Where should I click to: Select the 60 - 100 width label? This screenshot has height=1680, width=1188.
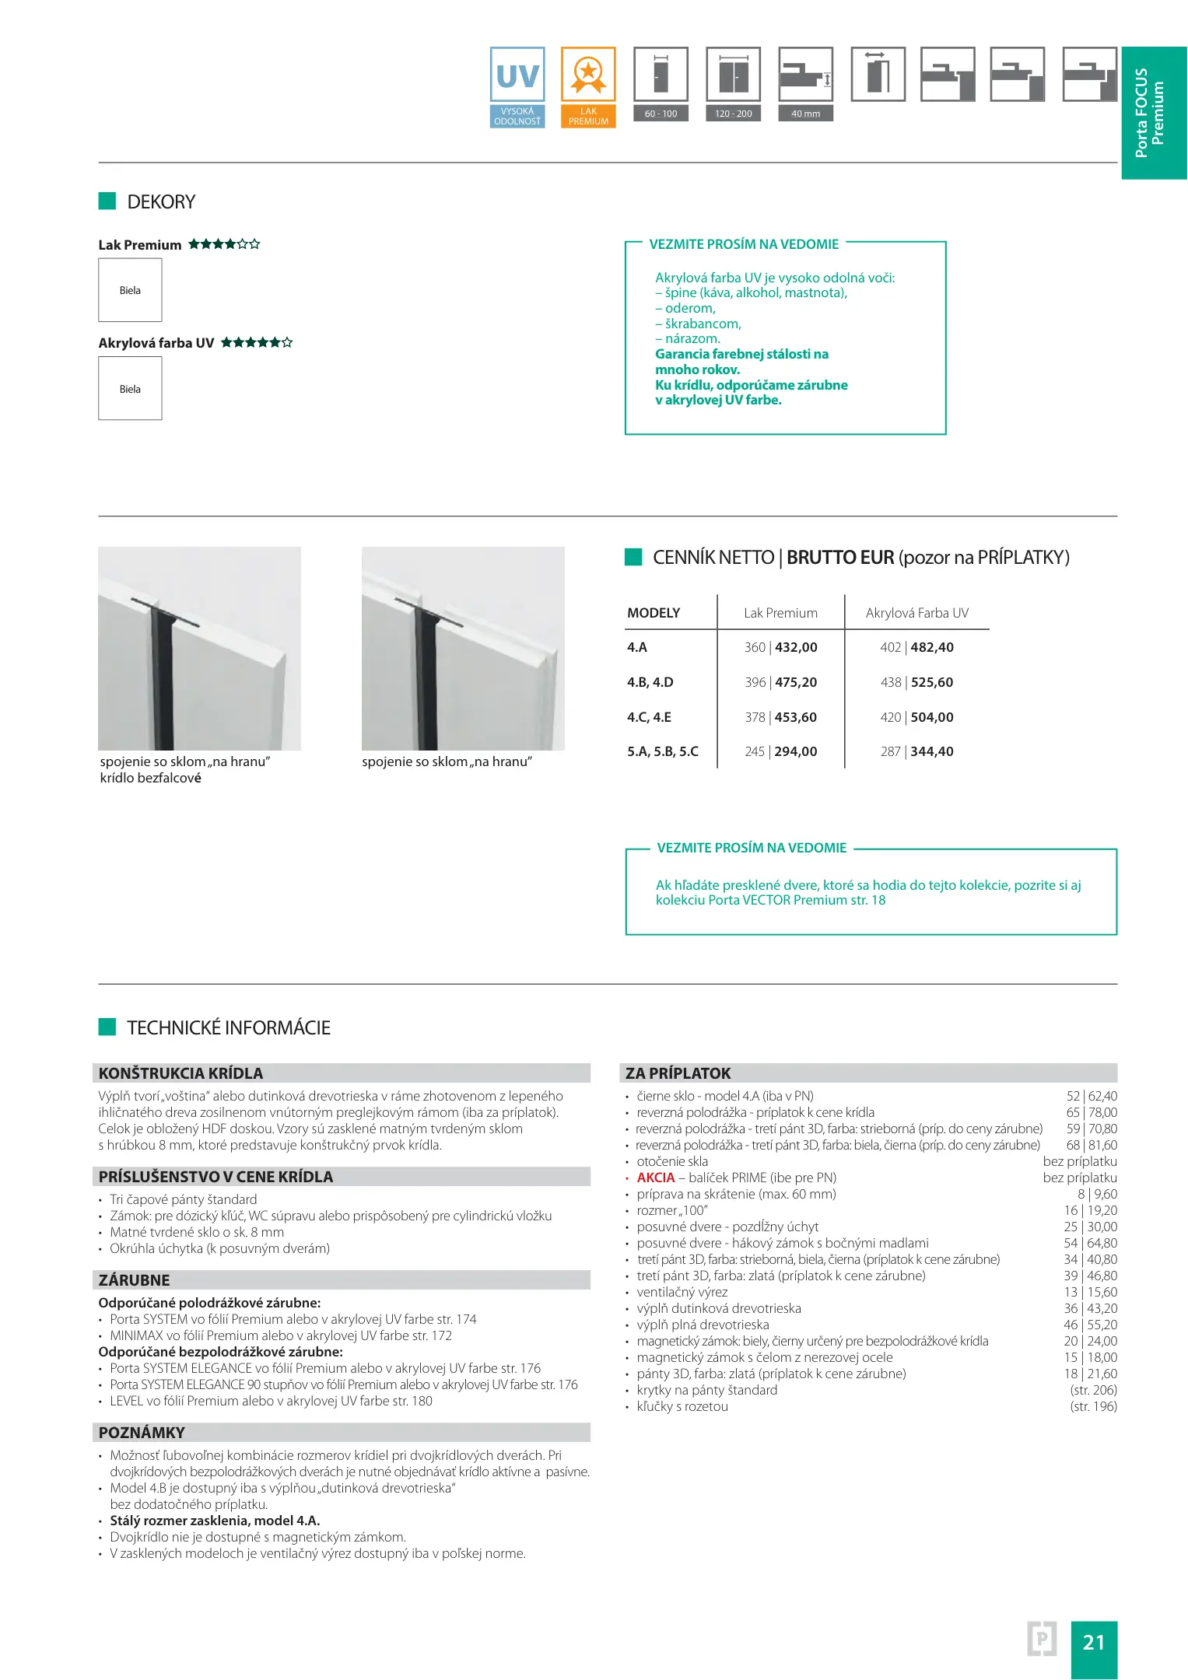661,114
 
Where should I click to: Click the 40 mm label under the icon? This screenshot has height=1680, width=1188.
805,114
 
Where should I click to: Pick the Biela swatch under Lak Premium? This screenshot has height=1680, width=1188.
130,290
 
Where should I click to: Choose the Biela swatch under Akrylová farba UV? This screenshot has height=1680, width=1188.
130,389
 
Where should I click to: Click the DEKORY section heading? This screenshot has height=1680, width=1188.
161,202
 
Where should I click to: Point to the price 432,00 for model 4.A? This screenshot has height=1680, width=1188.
796,647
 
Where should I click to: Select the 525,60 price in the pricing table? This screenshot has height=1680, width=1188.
931,682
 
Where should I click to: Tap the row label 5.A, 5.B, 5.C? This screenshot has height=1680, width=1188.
663,751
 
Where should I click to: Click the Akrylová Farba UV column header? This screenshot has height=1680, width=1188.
916,613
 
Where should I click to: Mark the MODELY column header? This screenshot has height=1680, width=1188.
654,613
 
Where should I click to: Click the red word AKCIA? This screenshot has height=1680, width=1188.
656,1178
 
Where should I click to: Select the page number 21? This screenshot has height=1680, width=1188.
1093,1642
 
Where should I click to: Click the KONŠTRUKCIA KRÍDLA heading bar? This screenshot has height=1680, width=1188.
180,1073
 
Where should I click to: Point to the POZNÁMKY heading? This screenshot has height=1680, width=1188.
142,1433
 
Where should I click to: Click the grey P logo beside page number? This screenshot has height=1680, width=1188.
1041,1640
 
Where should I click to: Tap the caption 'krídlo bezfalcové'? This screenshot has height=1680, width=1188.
150,778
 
